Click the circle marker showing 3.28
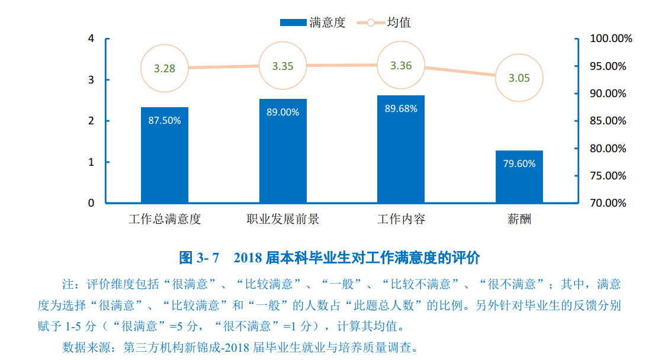[164, 68]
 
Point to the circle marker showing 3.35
[282, 66]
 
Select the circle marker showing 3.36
[400, 65]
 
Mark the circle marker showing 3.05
[519, 78]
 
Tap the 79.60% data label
[519, 163]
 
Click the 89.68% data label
[400, 108]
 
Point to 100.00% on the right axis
[611, 38]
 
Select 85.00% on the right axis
[608, 121]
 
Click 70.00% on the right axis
[608, 203]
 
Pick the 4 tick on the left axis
[91, 38]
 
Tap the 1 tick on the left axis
[91, 162]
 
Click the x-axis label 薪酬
[519, 219]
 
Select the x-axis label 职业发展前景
[282, 219]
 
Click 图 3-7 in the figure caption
[200, 258]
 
